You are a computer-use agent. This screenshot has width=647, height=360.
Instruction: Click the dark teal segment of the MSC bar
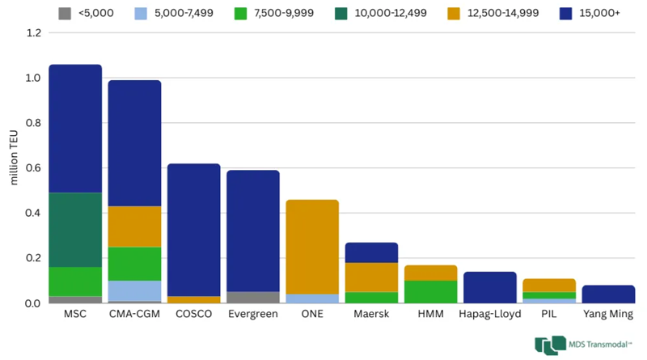pyautogui.click(x=75, y=230)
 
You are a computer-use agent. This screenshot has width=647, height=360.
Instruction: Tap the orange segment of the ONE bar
pyautogui.click(x=312, y=247)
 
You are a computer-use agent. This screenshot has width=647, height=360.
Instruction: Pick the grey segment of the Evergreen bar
pyautogui.click(x=253, y=297)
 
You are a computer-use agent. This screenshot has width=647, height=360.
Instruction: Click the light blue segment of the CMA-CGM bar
pyautogui.click(x=134, y=290)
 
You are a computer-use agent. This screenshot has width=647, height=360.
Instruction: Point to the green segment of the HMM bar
pyautogui.click(x=431, y=291)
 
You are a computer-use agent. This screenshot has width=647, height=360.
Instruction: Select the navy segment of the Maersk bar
pyautogui.click(x=372, y=252)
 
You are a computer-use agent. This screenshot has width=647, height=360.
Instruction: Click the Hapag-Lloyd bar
pyautogui.click(x=490, y=287)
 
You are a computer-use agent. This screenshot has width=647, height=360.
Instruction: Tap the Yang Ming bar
pyautogui.click(x=608, y=294)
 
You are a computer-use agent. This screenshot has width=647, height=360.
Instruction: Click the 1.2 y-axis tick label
pyautogui.click(x=32, y=33)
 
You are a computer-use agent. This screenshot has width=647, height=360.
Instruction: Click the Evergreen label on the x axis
pyautogui.click(x=253, y=313)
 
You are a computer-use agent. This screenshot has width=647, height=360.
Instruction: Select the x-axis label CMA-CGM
pyautogui.click(x=134, y=313)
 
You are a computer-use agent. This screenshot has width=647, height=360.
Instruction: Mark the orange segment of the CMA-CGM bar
pyautogui.click(x=134, y=226)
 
